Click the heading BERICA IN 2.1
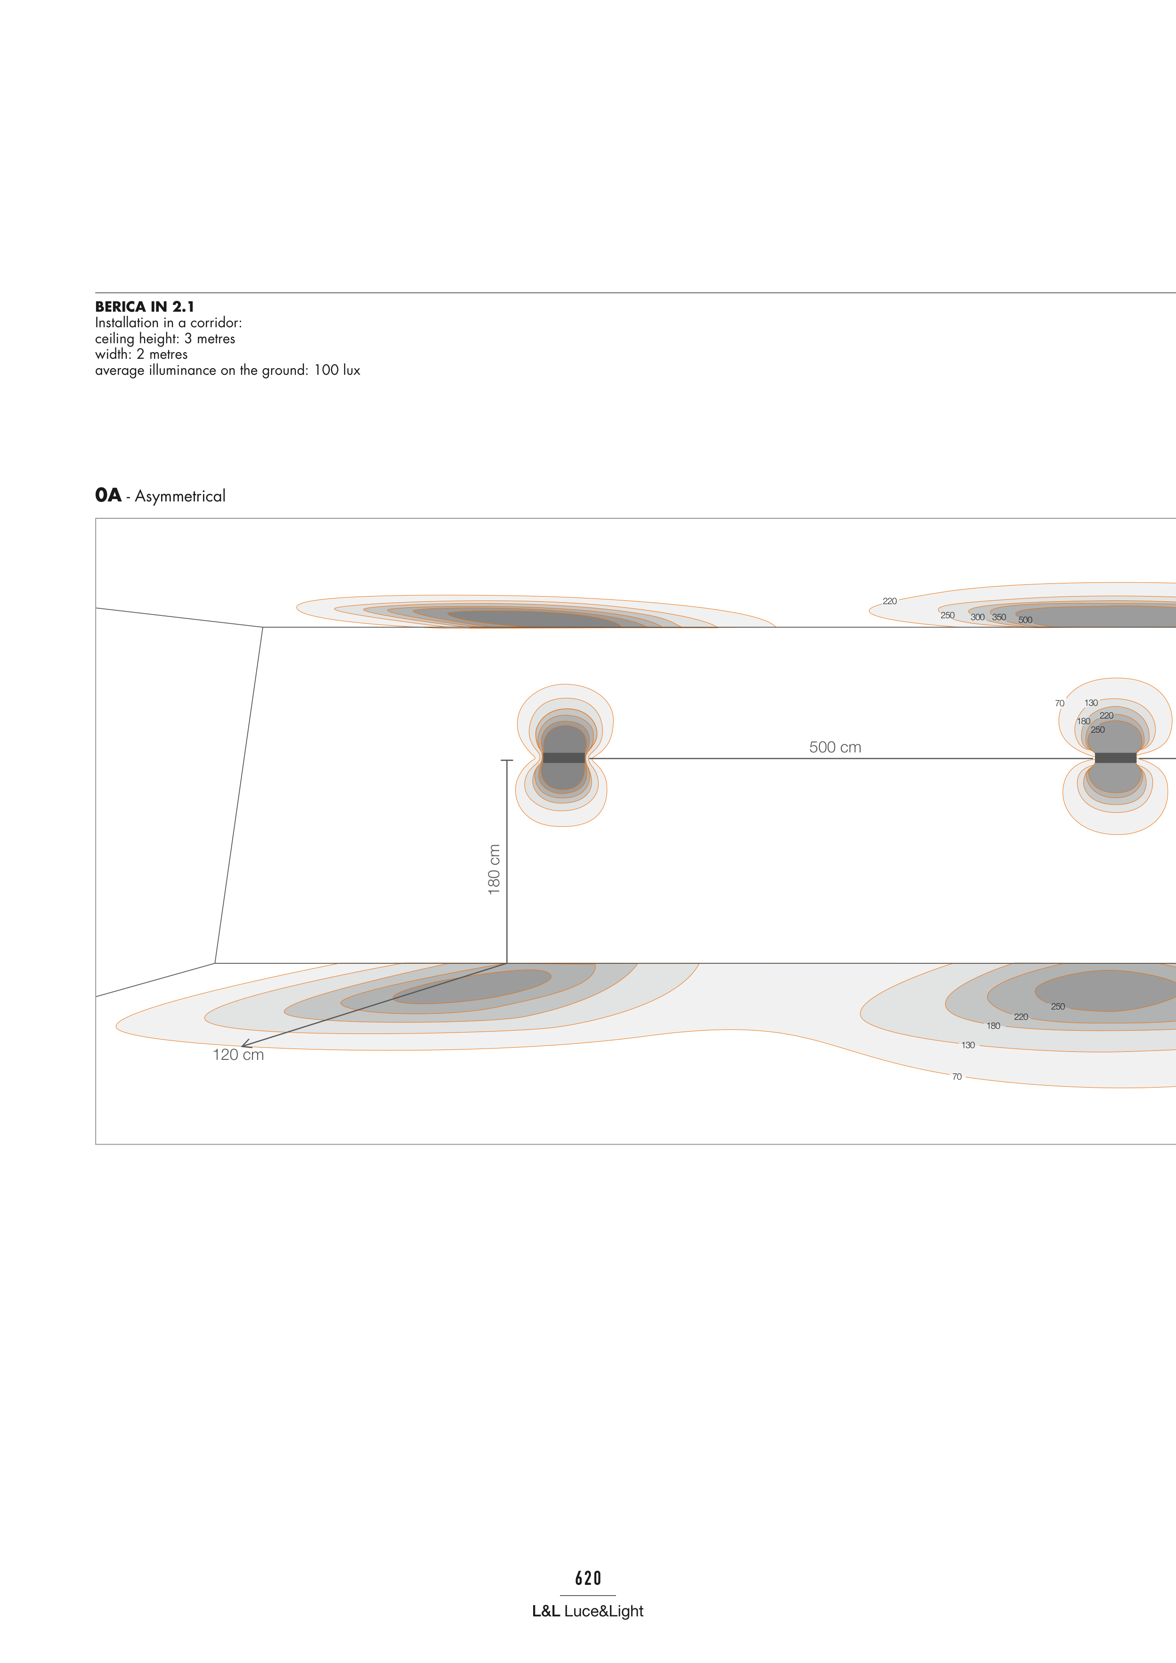click(x=145, y=307)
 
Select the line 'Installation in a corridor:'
click(x=169, y=323)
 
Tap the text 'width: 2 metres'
click(x=141, y=354)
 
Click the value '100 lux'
click(x=337, y=370)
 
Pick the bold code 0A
click(x=108, y=495)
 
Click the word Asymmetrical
click(x=180, y=496)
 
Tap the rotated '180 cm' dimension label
click(x=494, y=869)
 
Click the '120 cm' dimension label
click(x=238, y=1055)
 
